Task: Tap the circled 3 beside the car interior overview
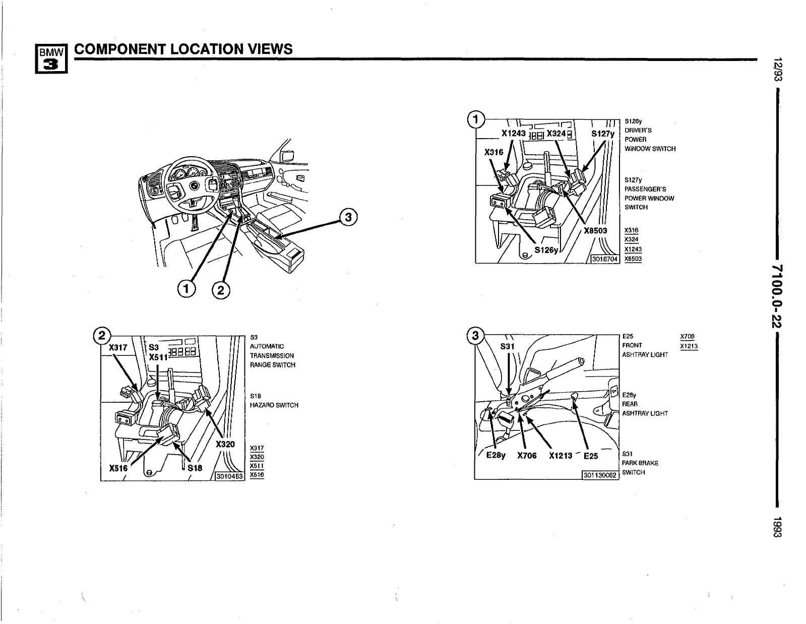(x=348, y=217)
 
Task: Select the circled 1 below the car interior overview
(x=186, y=288)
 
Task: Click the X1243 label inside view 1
(x=514, y=134)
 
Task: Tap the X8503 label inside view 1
(x=595, y=231)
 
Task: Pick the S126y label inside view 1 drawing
(x=546, y=249)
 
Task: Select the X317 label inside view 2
(x=118, y=348)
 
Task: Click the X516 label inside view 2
(x=118, y=468)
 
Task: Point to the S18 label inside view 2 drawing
(x=195, y=468)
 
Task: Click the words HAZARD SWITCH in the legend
(x=274, y=405)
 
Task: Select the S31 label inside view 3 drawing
(x=508, y=347)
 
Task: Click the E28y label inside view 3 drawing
(x=495, y=456)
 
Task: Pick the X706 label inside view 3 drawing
(x=527, y=456)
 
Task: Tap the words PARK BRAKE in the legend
(x=640, y=463)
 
